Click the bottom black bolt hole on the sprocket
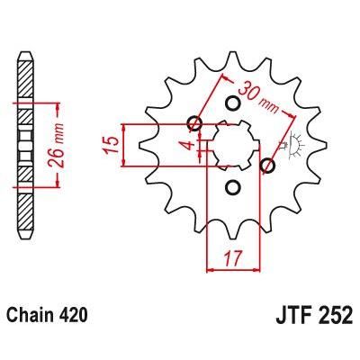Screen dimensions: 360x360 [x=232, y=187]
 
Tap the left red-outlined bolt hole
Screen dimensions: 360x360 [x=192, y=124]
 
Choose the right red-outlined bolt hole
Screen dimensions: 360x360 [x=267, y=165]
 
